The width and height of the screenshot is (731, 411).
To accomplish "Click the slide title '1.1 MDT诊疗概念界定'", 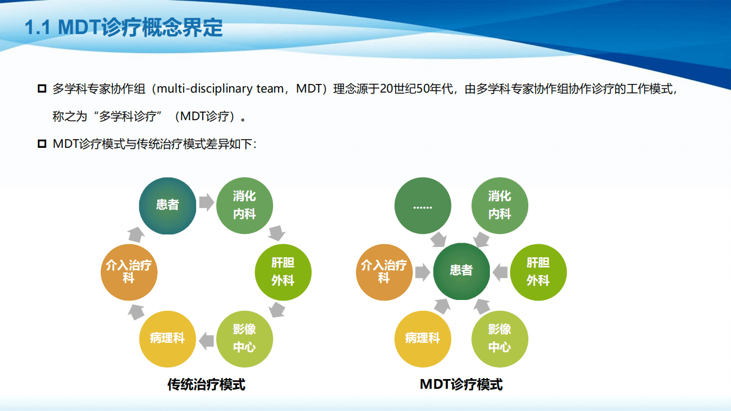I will (x=124, y=28).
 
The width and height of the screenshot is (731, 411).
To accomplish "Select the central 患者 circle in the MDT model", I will (x=461, y=270).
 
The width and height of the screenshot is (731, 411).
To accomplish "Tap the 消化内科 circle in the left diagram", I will (x=244, y=205).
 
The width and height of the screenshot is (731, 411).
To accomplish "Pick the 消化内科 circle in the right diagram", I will (x=500, y=205).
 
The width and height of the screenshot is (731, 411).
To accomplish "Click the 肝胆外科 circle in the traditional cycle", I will (x=283, y=272).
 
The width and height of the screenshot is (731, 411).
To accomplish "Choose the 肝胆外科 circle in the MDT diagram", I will (x=538, y=272).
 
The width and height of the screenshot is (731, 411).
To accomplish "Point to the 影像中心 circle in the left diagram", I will (x=244, y=338).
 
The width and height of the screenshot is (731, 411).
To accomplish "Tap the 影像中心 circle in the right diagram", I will (x=500, y=338).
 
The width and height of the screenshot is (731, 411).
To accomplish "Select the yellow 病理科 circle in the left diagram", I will (x=167, y=338).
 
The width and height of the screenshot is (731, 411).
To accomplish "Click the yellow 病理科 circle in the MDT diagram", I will (x=423, y=338).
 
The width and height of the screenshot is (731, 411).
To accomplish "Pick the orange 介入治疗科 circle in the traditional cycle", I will (x=129, y=272).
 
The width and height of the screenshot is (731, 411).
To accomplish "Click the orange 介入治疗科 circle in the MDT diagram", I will (x=384, y=272).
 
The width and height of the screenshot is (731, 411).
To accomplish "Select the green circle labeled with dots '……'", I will (x=423, y=205).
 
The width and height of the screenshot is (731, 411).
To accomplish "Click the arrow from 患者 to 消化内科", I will (x=206, y=203).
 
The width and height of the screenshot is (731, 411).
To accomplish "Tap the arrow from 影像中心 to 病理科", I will (x=206, y=341).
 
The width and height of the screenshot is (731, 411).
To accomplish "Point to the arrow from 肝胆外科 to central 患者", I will (x=500, y=272).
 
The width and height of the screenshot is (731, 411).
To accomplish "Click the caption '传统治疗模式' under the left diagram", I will (x=206, y=384).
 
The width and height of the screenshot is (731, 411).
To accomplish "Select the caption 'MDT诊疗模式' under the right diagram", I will (x=461, y=384).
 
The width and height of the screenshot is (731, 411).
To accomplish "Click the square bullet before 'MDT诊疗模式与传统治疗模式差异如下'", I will (x=42, y=144).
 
